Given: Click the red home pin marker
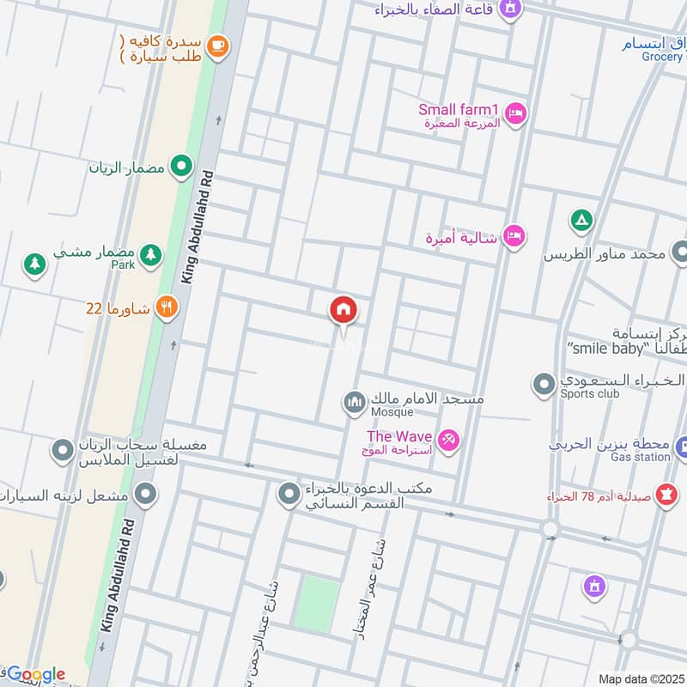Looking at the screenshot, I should click(x=343, y=310).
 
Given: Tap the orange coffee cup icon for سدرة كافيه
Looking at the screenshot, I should click(x=217, y=44).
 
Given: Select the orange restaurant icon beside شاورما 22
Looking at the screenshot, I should click(x=167, y=307).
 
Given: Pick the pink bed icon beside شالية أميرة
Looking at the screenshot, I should click(x=514, y=235).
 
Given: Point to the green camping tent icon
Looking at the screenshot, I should click(x=581, y=222).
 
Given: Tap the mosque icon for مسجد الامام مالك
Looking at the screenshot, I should click(x=353, y=401).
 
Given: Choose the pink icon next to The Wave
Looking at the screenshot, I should click(x=447, y=441).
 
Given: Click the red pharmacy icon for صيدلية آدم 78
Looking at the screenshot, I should click(x=665, y=495).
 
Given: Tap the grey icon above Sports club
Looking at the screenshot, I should click(x=544, y=384).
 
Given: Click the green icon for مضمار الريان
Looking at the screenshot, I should click(x=180, y=166).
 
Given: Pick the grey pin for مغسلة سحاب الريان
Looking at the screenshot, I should click(x=63, y=449).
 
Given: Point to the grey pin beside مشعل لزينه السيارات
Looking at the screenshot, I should click(x=147, y=494).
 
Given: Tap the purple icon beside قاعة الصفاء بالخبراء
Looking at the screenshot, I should click(x=511, y=9).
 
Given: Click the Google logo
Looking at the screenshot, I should click(x=35, y=674).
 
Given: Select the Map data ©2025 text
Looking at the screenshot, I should click(x=641, y=678).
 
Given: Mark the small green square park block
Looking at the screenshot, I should click(x=316, y=603).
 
